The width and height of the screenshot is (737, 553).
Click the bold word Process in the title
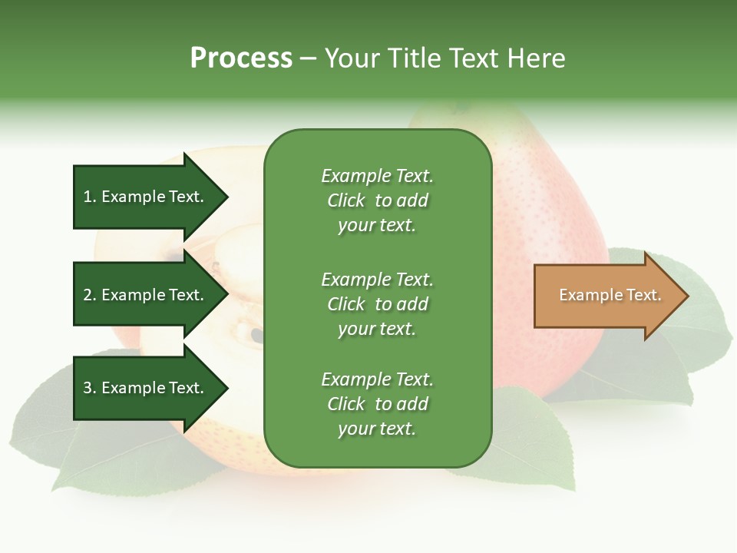coord(241,58)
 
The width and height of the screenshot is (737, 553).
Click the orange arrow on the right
coord(606,296)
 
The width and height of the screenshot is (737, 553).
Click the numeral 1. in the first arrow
coord(90,197)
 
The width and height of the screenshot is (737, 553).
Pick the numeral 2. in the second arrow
coord(90,295)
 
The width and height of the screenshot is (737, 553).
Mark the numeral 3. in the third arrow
coord(90,388)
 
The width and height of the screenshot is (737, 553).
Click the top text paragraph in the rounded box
coord(377,200)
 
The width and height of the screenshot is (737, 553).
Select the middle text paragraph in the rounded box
coord(377,304)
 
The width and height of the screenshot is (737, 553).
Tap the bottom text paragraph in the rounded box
coord(377,404)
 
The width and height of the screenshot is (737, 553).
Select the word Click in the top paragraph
coord(345,200)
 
